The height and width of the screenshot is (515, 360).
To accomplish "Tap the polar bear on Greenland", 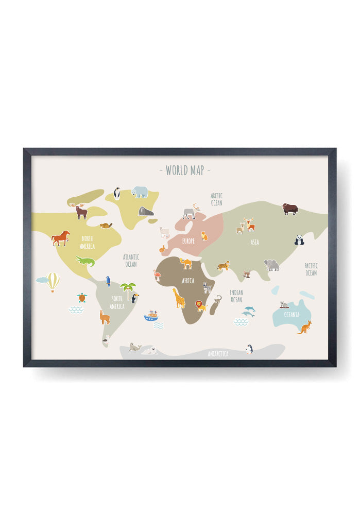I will pyautogui.click(x=140, y=192).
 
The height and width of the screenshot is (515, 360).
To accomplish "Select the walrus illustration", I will pyautogui.click(x=146, y=211).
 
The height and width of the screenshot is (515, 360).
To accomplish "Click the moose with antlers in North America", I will pyautogui.click(x=81, y=211).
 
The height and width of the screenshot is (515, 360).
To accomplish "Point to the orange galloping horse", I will pyautogui.click(x=61, y=237).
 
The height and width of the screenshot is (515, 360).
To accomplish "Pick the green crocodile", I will pyautogui.click(x=85, y=261).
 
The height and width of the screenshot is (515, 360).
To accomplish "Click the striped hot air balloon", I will pyautogui.click(x=53, y=282).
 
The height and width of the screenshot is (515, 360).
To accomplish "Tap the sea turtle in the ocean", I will pyautogui.click(x=81, y=298).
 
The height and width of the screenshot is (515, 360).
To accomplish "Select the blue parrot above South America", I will pyautogui.click(x=108, y=281).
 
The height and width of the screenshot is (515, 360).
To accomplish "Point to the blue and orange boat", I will pyautogui.click(x=151, y=316).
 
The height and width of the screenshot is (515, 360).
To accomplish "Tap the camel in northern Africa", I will pyautogui.click(x=186, y=264).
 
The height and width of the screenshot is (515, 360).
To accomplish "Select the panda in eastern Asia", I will pyautogui.click(x=299, y=240).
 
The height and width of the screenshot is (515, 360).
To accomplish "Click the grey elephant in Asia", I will pyautogui.click(x=271, y=265).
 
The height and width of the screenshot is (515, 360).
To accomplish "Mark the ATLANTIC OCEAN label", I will pyautogui.click(x=131, y=261).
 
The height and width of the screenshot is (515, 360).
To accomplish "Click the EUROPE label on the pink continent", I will pyautogui.click(x=188, y=241).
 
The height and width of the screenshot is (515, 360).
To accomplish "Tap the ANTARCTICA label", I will pyautogui.click(x=218, y=354).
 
